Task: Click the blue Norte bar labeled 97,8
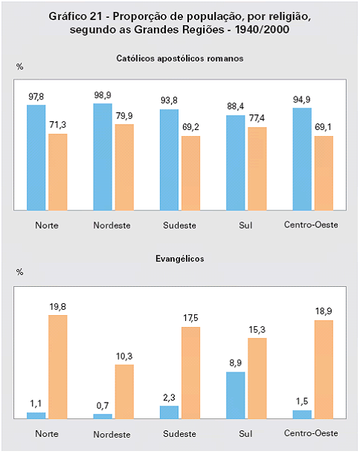(36, 158)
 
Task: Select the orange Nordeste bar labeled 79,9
(124, 167)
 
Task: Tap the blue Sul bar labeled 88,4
(235, 163)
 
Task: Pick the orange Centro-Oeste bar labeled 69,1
(324, 173)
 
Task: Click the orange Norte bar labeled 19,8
(58, 367)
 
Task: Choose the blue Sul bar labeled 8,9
(235, 395)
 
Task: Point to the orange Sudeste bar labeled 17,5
(190, 373)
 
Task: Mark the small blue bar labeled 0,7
(103, 416)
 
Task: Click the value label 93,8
(169, 100)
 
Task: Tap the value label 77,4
(257, 118)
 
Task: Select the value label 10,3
(124, 356)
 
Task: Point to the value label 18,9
(324, 311)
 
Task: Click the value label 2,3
(169, 398)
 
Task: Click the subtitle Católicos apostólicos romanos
(180, 59)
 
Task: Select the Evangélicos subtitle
(180, 259)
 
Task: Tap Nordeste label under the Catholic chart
(112, 225)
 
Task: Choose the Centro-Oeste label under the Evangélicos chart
(311, 433)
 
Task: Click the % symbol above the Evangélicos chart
(19, 272)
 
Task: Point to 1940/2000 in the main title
(262, 30)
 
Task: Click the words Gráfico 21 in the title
(75, 16)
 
